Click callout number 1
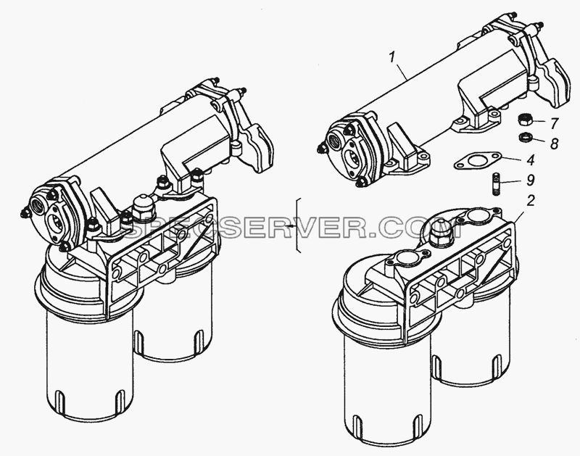pos(392,58)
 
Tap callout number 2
pos(531,201)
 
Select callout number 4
pos(531,160)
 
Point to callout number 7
pos(554,123)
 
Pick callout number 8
pos(554,144)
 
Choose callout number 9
pos(531,181)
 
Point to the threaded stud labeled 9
pos(497,184)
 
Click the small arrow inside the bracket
pos(292,225)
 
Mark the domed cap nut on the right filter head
pos(440,235)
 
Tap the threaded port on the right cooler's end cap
pos(335,141)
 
